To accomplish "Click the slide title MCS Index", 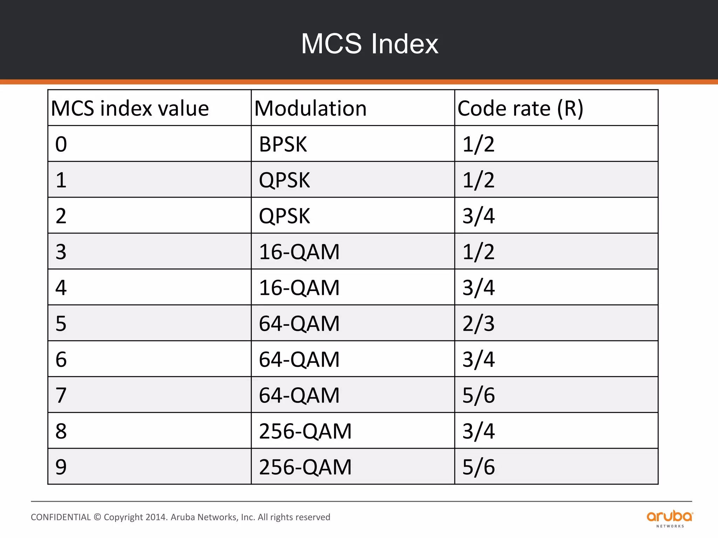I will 370,44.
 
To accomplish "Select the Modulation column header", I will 311,108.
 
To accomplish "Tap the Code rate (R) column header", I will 520,108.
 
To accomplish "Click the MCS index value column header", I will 130,108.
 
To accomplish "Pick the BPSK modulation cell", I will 283,144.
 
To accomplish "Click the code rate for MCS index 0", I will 478,144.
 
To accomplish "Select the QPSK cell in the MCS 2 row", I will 284,216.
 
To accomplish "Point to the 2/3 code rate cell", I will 478,324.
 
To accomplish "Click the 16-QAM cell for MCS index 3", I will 299,252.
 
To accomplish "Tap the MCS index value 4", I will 61,288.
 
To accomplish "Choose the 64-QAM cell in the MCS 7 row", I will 299,395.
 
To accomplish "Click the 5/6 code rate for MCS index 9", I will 478,467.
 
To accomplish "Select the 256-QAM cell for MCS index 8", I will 305,431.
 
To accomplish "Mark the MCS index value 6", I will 61,360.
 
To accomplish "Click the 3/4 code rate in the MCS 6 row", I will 478,360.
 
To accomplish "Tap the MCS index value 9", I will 61,467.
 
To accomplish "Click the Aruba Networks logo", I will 670,518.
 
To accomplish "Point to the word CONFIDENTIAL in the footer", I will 61,517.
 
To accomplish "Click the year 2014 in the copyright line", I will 156,517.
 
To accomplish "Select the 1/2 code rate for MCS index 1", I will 478,180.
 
